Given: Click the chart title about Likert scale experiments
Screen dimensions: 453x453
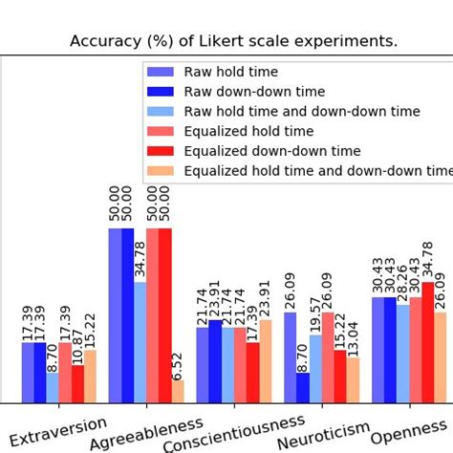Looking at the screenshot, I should [x=234, y=41].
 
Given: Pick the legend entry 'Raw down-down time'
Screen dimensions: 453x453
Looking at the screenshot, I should [x=253, y=92].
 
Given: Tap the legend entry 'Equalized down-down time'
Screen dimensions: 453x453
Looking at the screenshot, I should [x=271, y=151].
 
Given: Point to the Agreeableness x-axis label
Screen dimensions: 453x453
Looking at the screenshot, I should [x=145, y=431].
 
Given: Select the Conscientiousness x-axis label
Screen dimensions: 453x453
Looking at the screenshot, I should [x=234, y=435].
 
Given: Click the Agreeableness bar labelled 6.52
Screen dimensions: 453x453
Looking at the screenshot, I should [x=178, y=392].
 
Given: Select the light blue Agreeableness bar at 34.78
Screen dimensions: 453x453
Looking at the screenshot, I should [x=140, y=342].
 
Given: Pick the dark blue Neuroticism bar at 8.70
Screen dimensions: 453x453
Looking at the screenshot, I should [x=303, y=388].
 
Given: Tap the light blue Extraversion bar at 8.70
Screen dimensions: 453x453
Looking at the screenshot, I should [x=53, y=388].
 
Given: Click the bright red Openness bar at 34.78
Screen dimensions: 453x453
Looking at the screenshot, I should [x=427, y=342].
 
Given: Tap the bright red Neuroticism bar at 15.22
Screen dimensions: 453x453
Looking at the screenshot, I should [x=340, y=377].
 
